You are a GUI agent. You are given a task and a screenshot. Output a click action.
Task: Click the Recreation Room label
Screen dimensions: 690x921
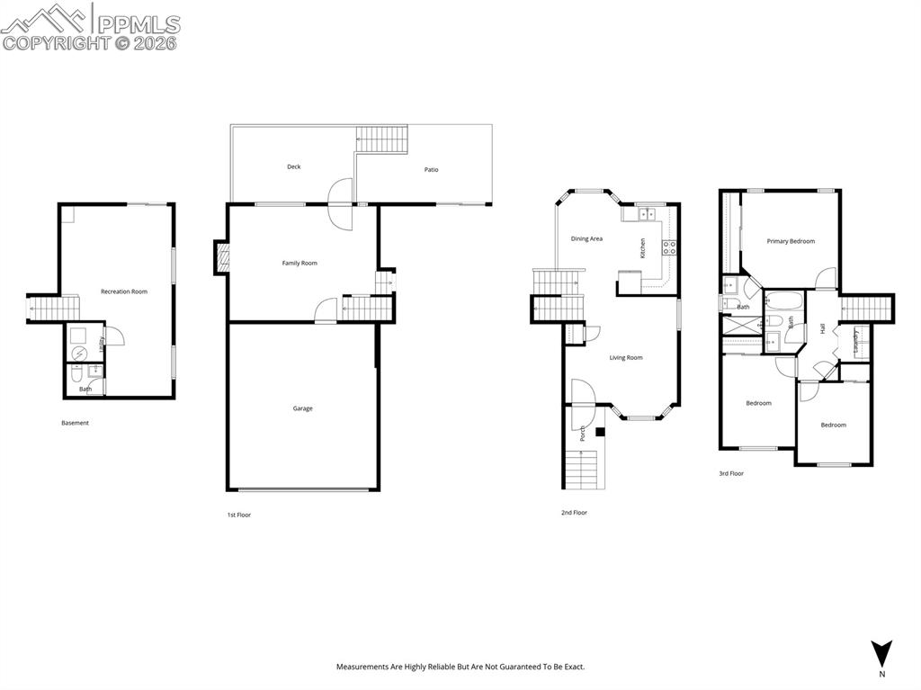click(x=124, y=291)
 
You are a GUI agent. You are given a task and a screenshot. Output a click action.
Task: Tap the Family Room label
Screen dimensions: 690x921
click(x=300, y=263)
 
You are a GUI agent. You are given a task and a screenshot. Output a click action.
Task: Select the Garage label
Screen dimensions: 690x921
click(x=303, y=408)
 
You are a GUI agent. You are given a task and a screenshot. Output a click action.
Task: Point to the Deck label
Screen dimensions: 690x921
click(x=294, y=166)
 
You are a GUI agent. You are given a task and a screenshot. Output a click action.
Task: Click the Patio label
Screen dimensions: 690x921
click(x=432, y=169)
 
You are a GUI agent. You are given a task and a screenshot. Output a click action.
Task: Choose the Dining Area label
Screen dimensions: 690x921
click(x=586, y=238)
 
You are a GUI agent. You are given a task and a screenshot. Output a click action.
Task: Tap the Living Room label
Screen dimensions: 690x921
click(x=626, y=358)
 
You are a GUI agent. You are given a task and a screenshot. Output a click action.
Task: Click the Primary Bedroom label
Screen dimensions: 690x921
click(x=791, y=241)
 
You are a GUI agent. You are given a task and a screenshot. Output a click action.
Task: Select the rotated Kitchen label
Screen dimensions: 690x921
click(x=642, y=248)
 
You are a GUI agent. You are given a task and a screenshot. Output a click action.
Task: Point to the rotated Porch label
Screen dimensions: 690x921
click(x=583, y=433)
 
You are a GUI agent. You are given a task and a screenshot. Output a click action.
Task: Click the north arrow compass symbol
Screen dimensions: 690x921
click(x=881, y=653)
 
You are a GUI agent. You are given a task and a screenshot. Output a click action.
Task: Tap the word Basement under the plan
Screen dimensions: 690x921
click(x=75, y=423)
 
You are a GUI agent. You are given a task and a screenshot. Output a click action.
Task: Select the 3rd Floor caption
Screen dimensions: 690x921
click(x=731, y=473)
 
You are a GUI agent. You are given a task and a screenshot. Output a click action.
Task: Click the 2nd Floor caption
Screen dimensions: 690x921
click(x=574, y=513)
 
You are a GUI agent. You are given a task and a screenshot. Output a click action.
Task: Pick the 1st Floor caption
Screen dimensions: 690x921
click(x=238, y=515)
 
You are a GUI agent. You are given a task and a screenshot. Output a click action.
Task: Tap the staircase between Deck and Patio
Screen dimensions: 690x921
click(x=382, y=139)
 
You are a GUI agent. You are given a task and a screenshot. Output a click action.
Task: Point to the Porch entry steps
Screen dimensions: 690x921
click(x=581, y=469)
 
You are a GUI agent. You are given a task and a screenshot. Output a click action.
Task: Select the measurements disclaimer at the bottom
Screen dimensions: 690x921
click(x=460, y=667)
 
